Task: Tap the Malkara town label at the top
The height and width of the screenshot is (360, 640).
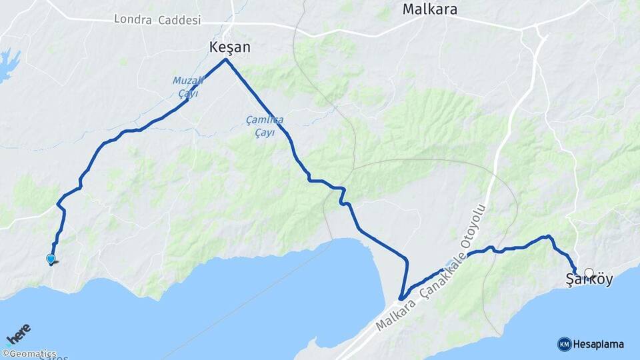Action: pyautogui.click(x=429, y=9)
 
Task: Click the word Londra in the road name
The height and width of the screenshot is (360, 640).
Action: pyautogui.click(x=134, y=19)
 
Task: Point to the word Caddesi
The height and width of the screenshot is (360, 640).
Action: pyautogui.click(x=179, y=20)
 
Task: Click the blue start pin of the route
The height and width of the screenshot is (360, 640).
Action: pyautogui.click(x=51, y=259)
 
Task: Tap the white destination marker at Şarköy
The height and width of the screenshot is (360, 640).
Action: pyautogui.click(x=589, y=273)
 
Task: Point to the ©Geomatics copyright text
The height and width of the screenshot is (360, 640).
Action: pyautogui.click(x=29, y=354)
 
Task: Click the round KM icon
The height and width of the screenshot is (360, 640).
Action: pyautogui.click(x=564, y=344)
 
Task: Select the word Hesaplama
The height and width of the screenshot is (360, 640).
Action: pyautogui.click(x=598, y=344)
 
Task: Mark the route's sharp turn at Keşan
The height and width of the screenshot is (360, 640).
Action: pyautogui.click(x=227, y=60)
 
